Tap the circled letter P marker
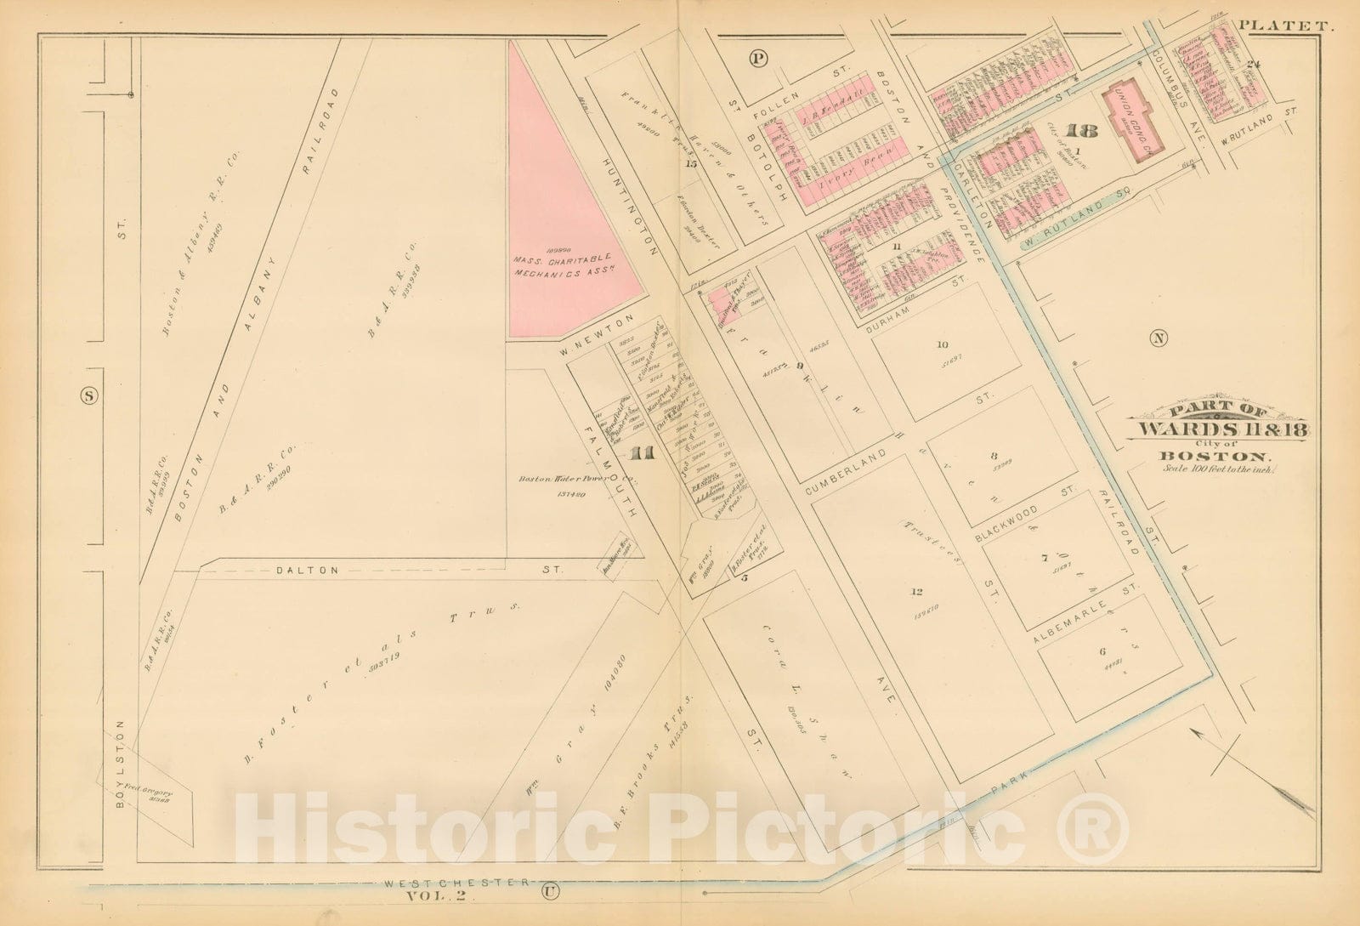(x=758, y=58)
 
